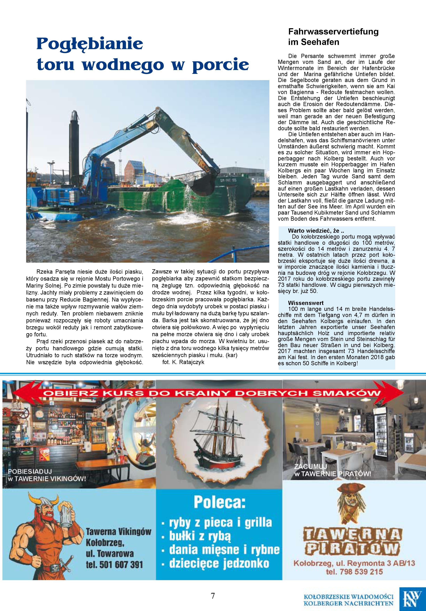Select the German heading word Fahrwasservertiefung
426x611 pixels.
tap(333, 32)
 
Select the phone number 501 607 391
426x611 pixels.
tap(114, 564)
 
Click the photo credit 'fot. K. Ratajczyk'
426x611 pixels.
tap(183, 362)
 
